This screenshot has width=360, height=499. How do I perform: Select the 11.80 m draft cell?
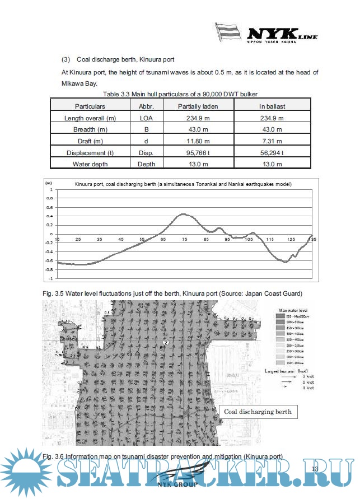click(198, 141)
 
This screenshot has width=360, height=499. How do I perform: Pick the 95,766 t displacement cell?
click(198, 152)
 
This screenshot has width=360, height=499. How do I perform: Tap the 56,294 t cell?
click(272, 152)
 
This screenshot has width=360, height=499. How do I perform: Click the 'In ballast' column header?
click(272, 106)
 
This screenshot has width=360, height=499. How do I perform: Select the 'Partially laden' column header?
click(198, 106)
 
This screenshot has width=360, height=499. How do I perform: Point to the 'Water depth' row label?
click(90, 164)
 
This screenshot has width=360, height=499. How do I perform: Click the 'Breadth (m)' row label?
click(90, 129)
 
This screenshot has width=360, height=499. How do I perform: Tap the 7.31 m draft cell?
click(272, 141)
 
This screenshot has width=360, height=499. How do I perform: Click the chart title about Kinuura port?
click(183, 184)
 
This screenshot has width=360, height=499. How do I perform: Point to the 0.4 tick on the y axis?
click(51, 216)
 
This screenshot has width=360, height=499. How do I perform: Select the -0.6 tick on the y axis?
click(50, 260)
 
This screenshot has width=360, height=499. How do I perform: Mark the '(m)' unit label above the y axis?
click(49, 183)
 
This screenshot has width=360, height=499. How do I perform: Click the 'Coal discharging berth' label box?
click(258, 412)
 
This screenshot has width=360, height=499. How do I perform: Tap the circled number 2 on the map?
click(166, 342)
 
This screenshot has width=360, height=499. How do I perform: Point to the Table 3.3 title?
click(180, 94)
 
